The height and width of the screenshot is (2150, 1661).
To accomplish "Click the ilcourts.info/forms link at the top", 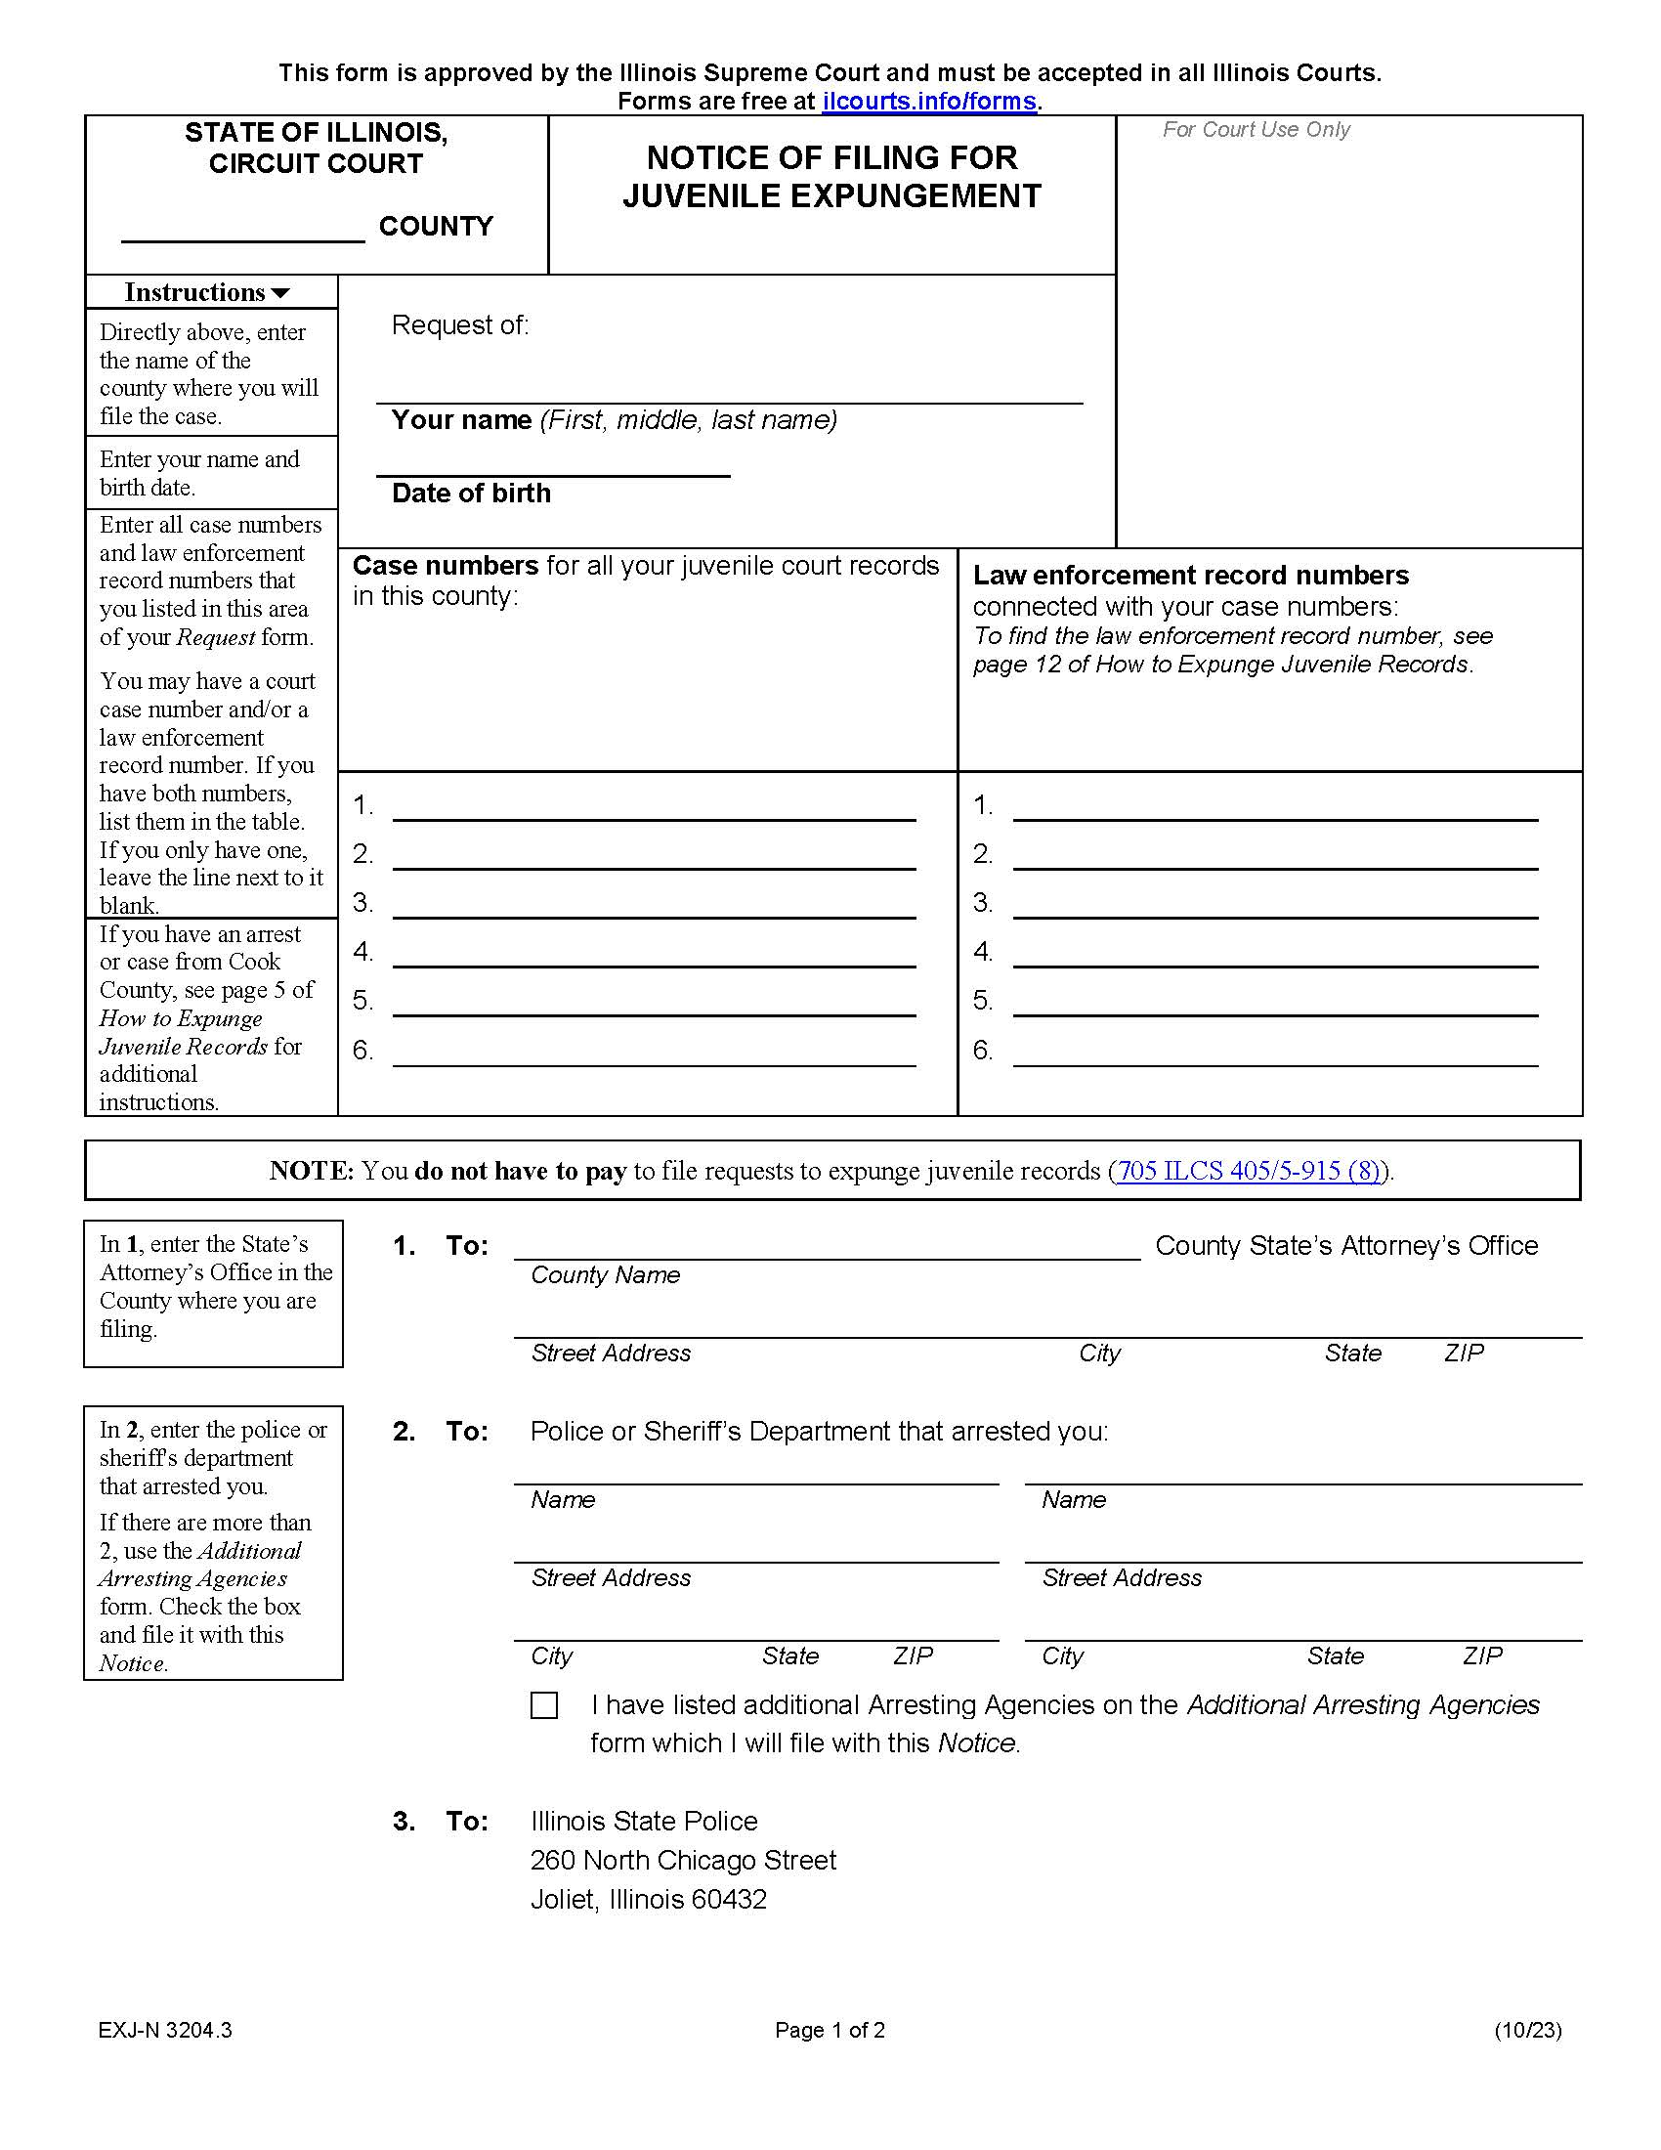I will [929, 102].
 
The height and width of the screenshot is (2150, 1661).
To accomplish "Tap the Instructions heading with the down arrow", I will [206, 292].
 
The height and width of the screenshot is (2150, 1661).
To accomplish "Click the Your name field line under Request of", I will [728, 390].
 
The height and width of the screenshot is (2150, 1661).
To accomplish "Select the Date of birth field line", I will [552, 463].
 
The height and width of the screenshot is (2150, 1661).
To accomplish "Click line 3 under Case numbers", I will [654, 906].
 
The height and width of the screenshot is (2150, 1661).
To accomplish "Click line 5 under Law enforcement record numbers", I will [1274, 1003].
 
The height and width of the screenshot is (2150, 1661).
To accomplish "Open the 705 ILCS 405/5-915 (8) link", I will [1248, 1171].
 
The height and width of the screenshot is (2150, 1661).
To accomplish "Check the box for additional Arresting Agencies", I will [544, 1705].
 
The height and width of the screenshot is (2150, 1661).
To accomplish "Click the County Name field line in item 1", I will [827, 1246].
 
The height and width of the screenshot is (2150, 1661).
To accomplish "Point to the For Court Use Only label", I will [1256, 130].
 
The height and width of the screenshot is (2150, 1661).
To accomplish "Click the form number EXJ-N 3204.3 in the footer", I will [164, 2030].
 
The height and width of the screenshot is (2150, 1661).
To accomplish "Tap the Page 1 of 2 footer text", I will [830, 2030].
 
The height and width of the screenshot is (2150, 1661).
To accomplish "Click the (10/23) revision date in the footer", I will [1527, 2030].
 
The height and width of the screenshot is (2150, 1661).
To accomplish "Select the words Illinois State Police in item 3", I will [644, 1822].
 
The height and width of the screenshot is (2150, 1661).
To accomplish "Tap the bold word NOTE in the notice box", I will [311, 1171].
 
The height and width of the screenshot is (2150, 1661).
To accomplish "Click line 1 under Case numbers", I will [654, 808].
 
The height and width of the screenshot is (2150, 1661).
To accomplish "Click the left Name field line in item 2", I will [754, 1471].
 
